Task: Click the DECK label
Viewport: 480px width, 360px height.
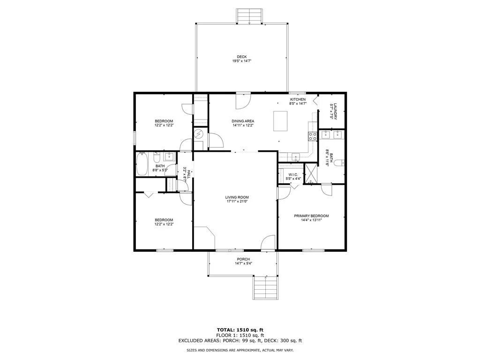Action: (241, 57)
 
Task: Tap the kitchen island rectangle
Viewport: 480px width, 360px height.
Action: (280, 121)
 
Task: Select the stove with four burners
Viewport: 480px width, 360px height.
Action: (313, 136)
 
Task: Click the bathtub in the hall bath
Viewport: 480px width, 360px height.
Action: (142, 164)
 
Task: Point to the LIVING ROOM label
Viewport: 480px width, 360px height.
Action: (237, 197)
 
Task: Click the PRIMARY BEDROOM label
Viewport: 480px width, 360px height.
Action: (311, 216)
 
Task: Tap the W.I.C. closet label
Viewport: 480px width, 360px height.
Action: (293, 175)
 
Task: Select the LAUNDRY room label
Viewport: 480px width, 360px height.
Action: (335, 111)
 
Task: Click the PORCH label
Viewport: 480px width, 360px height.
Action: (243, 259)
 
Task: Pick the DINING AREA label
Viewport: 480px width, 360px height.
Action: (243, 121)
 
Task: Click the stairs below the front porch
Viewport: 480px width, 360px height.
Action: (266, 287)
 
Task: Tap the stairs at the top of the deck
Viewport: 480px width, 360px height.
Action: (249, 16)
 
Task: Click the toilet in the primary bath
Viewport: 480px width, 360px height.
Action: (338, 163)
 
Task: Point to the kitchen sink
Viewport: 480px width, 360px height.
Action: (296, 157)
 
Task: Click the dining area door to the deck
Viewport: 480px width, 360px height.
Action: (243, 101)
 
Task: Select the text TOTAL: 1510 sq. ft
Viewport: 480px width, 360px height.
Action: (240, 330)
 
